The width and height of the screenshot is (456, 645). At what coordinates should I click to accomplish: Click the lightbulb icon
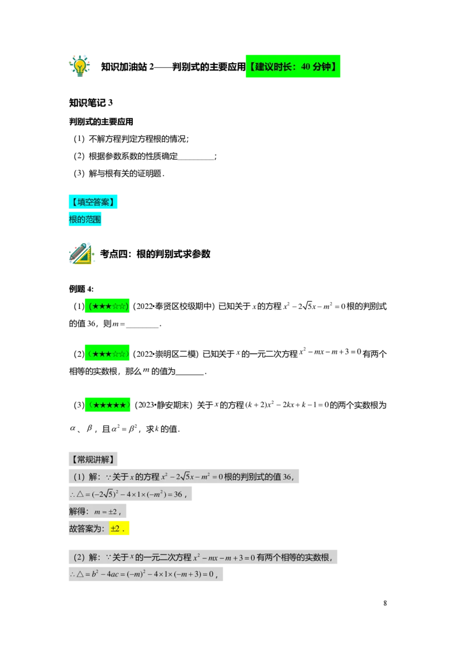tap(80, 66)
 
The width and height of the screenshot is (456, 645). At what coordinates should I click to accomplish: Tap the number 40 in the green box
tap(305, 67)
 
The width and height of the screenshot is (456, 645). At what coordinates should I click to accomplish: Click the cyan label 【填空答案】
tap(93, 201)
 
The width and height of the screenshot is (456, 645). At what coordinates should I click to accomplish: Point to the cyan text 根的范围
tap(85, 219)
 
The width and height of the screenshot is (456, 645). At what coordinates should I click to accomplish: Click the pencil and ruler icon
tap(82, 255)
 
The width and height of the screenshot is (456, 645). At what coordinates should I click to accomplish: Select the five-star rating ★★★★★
tap(109, 405)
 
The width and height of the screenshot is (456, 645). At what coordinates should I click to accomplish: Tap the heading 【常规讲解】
tap(93, 459)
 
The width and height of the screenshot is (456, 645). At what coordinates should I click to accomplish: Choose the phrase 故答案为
tap(85, 529)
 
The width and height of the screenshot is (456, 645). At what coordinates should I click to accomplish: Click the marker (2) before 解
tap(79, 557)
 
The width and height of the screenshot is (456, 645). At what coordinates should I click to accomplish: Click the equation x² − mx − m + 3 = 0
tap(224, 558)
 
